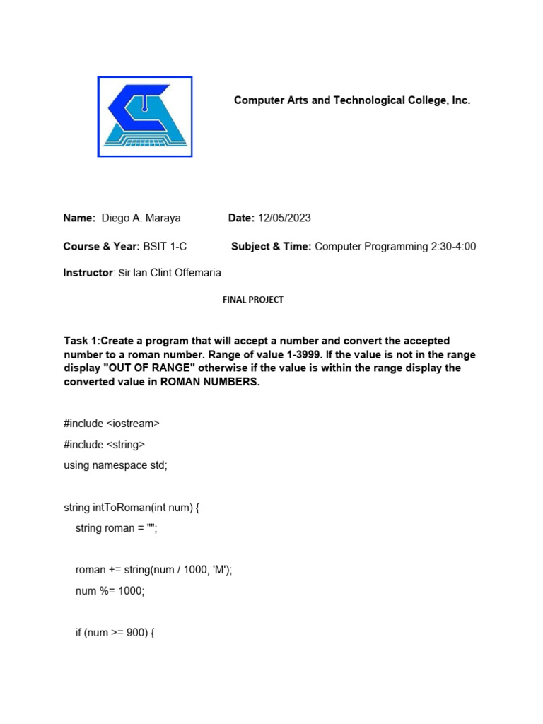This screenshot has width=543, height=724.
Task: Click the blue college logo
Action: click(x=145, y=117)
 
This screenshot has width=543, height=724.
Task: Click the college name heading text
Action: click(x=352, y=100)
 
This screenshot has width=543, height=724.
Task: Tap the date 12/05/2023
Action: click(x=284, y=218)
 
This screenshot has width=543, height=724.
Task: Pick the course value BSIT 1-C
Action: click(x=165, y=246)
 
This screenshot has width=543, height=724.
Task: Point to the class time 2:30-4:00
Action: click(x=453, y=246)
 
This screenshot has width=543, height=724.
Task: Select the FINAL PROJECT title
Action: click(x=253, y=300)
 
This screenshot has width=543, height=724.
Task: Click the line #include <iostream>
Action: click(x=112, y=424)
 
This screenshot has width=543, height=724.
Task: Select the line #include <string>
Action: click(x=104, y=445)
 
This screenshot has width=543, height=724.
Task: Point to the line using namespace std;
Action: click(x=116, y=465)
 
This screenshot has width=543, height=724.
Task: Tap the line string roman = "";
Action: click(x=116, y=528)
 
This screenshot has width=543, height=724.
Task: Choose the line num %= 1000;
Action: click(x=110, y=591)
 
